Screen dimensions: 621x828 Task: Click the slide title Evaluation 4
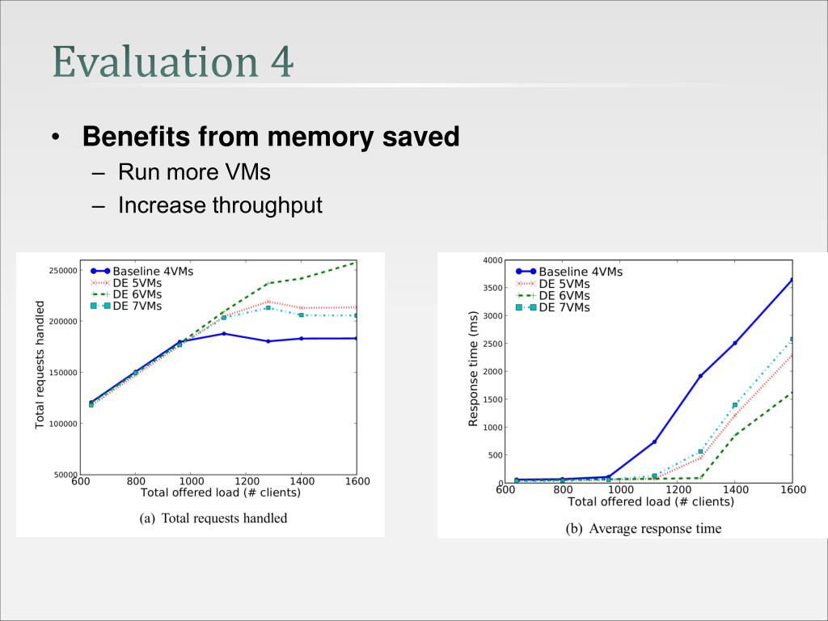pyautogui.click(x=173, y=63)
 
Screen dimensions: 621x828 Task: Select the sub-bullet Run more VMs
pyautogui.click(x=194, y=172)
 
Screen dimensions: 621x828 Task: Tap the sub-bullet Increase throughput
pyautogui.click(x=220, y=205)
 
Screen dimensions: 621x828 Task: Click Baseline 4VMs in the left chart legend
pyautogui.click(x=153, y=271)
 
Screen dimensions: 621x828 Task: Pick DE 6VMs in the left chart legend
pyautogui.click(x=137, y=294)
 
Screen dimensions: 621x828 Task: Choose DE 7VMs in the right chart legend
pyautogui.click(x=564, y=307)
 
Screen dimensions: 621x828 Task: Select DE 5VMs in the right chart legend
pyautogui.click(x=564, y=284)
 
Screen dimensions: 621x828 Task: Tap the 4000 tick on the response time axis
pyautogui.click(x=492, y=260)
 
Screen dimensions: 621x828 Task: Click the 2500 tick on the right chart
pyautogui.click(x=492, y=344)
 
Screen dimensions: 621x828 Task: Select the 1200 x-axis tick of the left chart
pyautogui.click(x=246, y=481)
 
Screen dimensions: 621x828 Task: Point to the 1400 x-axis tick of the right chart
pyautogui.click(x=735, y=490)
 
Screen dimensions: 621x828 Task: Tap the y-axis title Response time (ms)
pyautogui.click(x=474, y=369)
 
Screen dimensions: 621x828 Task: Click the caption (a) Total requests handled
pyautogui.click(x=213, y=518)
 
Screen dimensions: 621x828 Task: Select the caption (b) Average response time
pyautogui.click(x=643, y=529)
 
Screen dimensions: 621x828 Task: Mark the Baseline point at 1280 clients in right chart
pyautogui.click(x=700, y=376)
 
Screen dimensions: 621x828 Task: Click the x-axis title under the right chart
pyautogui.click(x=650, y=502)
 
